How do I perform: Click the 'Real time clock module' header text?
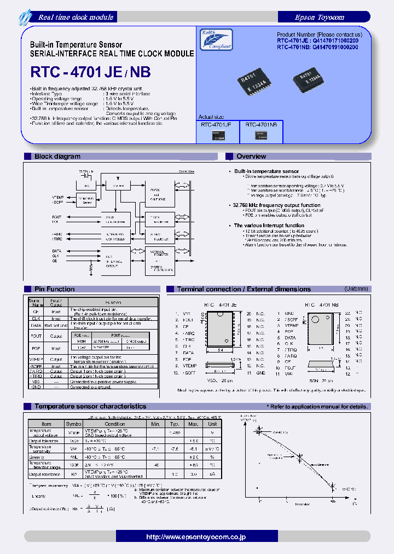76,17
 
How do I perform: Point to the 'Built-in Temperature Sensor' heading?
76,44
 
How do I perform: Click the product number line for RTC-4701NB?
317,47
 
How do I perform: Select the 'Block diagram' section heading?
57,157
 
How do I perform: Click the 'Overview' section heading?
251,157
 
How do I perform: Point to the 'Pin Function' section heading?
54,289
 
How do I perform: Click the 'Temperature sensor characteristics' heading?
90,406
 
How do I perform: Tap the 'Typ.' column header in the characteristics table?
175,424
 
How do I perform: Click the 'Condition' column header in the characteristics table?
115,424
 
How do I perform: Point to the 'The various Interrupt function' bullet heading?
269,226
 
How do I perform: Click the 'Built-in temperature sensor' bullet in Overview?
266,171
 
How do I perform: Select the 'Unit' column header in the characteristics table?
212,424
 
